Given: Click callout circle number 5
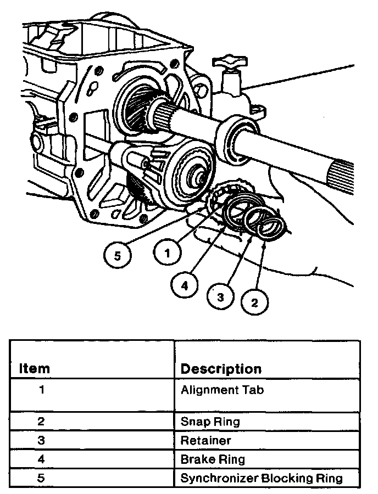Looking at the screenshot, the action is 121,255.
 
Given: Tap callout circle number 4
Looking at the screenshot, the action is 185,285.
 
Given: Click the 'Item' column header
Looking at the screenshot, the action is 34,368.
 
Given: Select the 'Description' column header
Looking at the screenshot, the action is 221,368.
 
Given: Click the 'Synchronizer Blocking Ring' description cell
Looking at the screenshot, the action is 262,478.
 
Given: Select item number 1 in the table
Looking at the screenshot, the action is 41,391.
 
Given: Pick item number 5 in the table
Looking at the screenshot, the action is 41,478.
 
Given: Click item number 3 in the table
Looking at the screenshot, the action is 41,440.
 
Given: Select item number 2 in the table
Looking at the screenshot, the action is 41,422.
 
